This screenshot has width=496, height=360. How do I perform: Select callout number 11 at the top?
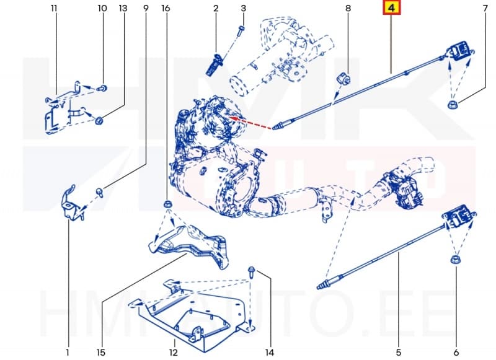tap(55, 8)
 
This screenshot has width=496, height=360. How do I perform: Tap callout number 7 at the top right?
tap(485, 8)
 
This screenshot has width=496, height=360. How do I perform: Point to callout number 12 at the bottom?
tap(175, 353)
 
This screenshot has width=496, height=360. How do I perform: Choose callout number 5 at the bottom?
tap(399, 353)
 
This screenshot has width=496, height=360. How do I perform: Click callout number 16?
tap(165, 8)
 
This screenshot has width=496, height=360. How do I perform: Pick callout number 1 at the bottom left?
tap(68, 353)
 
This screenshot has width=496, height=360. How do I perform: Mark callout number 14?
tap(269, 353)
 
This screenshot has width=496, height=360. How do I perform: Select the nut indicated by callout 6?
tap(454, 260)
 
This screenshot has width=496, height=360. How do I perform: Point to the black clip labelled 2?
tap(215, 64)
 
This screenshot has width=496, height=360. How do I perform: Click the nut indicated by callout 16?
tap(166, 205)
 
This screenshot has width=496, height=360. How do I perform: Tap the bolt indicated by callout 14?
tap(252, 271)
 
